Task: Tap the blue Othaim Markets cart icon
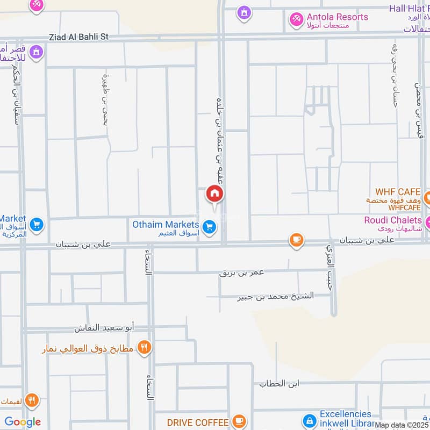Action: [x=210, y=227]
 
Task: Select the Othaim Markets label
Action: [x=166, y=224]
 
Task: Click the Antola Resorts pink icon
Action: [x=296, y=20]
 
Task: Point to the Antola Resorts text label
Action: [x=337, y=17]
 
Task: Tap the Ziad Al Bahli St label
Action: [x=78, y=37]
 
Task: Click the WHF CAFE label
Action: [x=398, y=192]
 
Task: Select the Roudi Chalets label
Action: [x=393, y=220]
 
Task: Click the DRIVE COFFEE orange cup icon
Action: [x=239, y=421]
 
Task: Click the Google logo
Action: [x=23, y=422]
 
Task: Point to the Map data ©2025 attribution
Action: [x=402, y=425]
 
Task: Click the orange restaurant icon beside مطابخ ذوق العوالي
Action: [x=144, y=347]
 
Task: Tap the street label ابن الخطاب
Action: [x=279, y=384]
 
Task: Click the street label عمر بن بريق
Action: [x=242, y=273]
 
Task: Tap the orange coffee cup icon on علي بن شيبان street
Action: [x=296, y=240]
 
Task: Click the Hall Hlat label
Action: [x=409, y=9]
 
